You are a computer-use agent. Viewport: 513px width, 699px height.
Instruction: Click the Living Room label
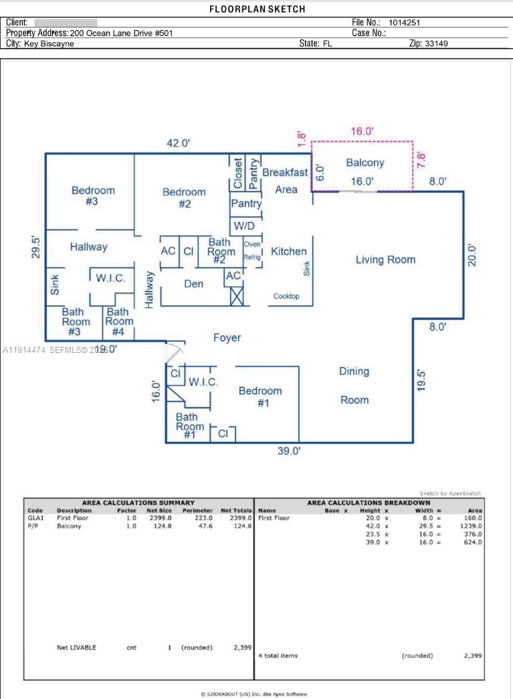tap(385, 260)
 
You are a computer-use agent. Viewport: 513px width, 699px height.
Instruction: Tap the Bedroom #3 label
tap(93, 196)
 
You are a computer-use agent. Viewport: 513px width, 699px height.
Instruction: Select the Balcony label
tap(365, 163)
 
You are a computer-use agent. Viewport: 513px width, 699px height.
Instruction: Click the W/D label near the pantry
tap(244, 226)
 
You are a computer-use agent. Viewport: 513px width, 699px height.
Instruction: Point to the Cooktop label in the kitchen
tap(286, 296)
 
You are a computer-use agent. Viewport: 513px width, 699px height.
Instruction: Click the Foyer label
tap(227, 338)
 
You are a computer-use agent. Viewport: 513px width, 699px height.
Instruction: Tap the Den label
tap(193, 284)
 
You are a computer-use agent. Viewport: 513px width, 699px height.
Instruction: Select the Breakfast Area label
tap(285, 181)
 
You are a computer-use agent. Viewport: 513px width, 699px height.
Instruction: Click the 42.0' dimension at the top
tap(179, 143)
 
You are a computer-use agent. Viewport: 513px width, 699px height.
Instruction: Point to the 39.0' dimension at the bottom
tap(289, 451)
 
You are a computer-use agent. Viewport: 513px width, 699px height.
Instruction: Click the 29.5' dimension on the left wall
tap(37, 247)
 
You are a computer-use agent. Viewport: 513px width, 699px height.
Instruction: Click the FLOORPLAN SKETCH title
tap(257, 9)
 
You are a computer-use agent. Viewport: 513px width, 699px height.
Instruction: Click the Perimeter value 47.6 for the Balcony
tap(203, 526)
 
